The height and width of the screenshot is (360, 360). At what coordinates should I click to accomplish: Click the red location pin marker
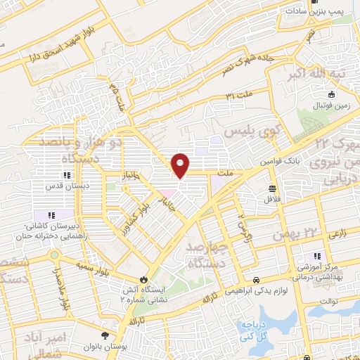[181, 165]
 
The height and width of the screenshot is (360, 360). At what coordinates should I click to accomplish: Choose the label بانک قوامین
[281, 161]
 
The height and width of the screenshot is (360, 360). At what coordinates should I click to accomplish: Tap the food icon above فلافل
[271, 188]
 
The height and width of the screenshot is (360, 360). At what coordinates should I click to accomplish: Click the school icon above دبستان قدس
[67, 175]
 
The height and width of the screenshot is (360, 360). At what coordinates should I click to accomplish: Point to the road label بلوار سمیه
[94, 269]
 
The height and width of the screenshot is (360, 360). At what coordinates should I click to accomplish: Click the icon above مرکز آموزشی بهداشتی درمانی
[316, 256]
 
